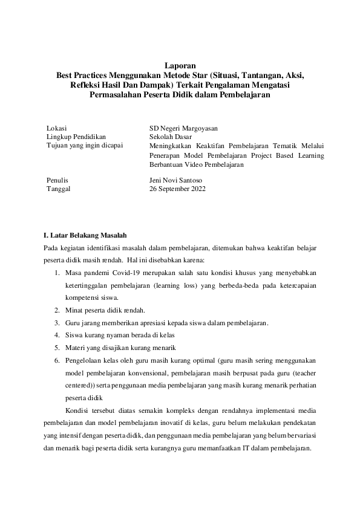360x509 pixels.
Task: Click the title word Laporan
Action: coord(180,65)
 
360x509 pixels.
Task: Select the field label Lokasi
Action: coord(56,128)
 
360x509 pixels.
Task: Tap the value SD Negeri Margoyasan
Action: coord(183,128)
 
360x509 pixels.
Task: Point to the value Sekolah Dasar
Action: coord(169,137)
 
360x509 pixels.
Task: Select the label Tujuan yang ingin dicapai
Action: coord(85,146)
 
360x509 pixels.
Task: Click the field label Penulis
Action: coord(57,180)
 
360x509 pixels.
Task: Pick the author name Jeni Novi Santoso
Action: coord(176,180)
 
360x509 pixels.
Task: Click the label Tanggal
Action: coord(59,189)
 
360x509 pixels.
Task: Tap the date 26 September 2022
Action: coord(177,189)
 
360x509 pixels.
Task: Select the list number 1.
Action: coord(57,274)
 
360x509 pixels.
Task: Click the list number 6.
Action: coord(57,360)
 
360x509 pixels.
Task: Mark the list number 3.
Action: coord(57,323)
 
